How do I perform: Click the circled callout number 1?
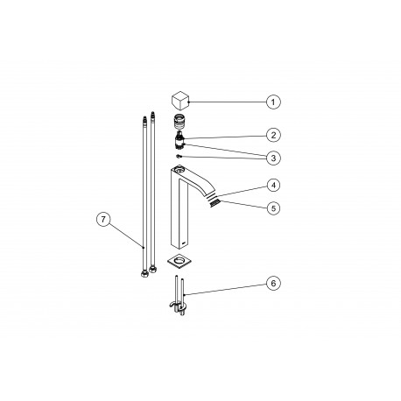(273, 102)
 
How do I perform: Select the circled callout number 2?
(273, 135)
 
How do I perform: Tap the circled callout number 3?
(273, 158)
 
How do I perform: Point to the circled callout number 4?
(273, 186)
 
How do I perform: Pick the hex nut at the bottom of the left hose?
(140, 271)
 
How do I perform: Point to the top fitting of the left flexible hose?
(140, 116)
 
